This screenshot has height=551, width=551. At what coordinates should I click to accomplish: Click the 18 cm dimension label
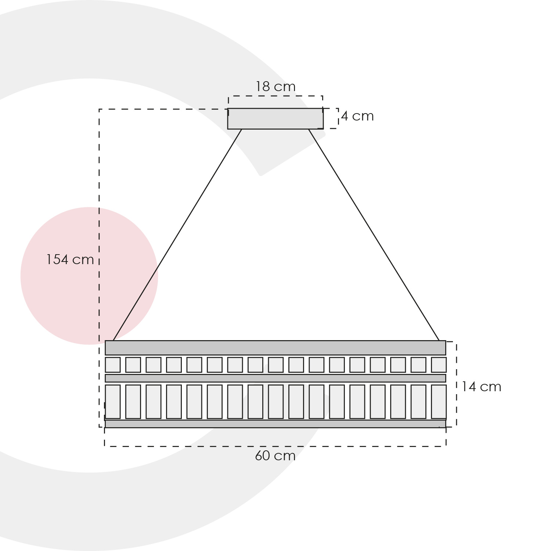coord(275,87)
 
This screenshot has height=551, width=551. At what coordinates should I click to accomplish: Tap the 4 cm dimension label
coord(357,116)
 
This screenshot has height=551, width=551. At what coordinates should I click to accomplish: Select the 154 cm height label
coord(70,260)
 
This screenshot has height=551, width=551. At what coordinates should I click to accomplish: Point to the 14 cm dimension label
coord(481,387)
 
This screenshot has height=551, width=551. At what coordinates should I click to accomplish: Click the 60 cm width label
coord(275,456)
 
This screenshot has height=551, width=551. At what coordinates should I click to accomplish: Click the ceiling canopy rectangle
coord(275,119)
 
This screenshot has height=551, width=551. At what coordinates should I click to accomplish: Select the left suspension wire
coord(177,235)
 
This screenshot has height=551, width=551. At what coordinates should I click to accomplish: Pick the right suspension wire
coord(374,235)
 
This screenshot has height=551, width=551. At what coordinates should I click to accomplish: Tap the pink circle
coord(89,276)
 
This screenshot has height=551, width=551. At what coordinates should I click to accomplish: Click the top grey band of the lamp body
coord(275,348)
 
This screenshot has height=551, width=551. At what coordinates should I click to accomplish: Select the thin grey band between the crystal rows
coord(275,378)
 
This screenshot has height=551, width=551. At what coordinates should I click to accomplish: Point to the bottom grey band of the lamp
coord(275,424)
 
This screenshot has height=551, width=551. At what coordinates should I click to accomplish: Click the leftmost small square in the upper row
coord(113,365)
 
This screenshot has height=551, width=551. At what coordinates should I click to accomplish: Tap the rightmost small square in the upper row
coord(439,365)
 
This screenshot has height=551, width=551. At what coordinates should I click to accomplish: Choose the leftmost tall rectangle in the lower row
coord(113,402)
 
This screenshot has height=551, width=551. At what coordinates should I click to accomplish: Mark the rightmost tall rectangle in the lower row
coord(439,402)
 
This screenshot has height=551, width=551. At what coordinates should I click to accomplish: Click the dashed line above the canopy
coord(275,96)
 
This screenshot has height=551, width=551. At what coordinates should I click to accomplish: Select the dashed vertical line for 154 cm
coord(99,268)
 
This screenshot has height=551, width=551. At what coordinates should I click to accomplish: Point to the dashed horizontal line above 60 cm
coord(275,446)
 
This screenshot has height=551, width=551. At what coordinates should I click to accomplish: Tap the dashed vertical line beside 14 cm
coord(456,384)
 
